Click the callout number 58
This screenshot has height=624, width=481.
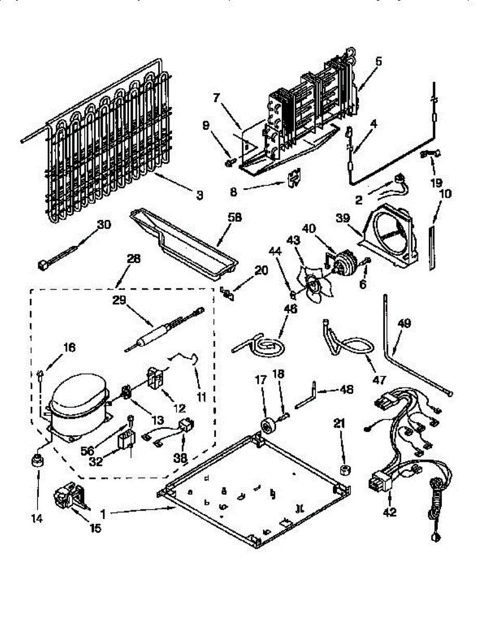235,218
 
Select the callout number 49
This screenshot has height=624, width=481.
405,323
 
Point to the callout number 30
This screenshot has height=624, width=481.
104,225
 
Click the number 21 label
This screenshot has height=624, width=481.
339,424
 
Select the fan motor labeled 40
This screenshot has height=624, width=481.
342,263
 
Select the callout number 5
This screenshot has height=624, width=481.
378,61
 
